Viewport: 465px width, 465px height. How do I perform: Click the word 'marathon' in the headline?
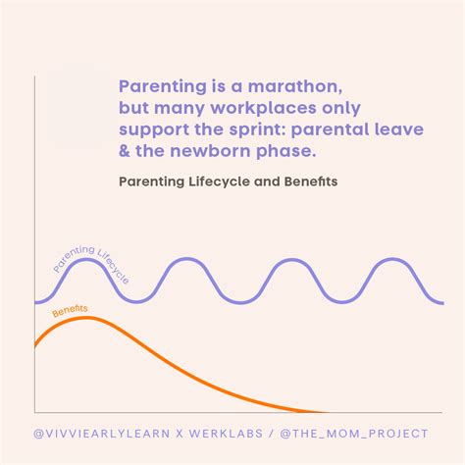point(295,86)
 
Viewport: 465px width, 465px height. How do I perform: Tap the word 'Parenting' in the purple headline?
point(163,87)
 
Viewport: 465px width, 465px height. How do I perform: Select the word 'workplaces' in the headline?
point(263,109)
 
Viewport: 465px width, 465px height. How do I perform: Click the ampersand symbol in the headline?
point(125,151)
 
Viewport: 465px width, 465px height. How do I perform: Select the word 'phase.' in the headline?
point(286,152)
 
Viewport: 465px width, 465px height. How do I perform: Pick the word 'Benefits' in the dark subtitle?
point(311,181)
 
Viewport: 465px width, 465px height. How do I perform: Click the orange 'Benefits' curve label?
point(70,311)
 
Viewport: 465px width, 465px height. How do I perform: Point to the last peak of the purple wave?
point(392,259)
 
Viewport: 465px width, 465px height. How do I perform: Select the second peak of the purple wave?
point(188,259)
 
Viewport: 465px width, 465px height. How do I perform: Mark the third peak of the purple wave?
point(291,260)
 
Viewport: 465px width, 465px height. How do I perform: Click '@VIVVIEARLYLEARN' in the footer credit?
point(102,434)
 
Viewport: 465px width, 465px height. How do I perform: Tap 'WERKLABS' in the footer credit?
point(226,434)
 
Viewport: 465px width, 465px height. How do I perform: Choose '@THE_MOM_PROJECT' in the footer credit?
point(354,434)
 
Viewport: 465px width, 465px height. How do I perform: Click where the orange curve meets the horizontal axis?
point(327,412)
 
